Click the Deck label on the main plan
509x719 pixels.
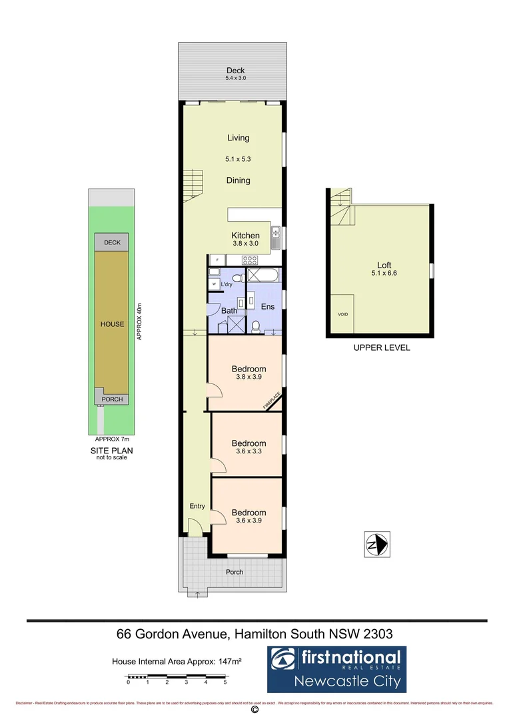[x=235, y=71]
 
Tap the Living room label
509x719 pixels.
[x=238, y=138]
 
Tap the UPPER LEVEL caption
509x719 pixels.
[x=382, y=348]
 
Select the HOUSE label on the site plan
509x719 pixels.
[x=112, y=324]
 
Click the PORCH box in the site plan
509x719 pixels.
[x=112, y=399]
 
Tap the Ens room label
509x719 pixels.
[x=267, y=307]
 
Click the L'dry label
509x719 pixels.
[x=227, y=285]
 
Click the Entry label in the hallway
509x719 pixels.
[x=197, y=506]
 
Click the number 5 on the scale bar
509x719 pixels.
[x=225, y=682]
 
